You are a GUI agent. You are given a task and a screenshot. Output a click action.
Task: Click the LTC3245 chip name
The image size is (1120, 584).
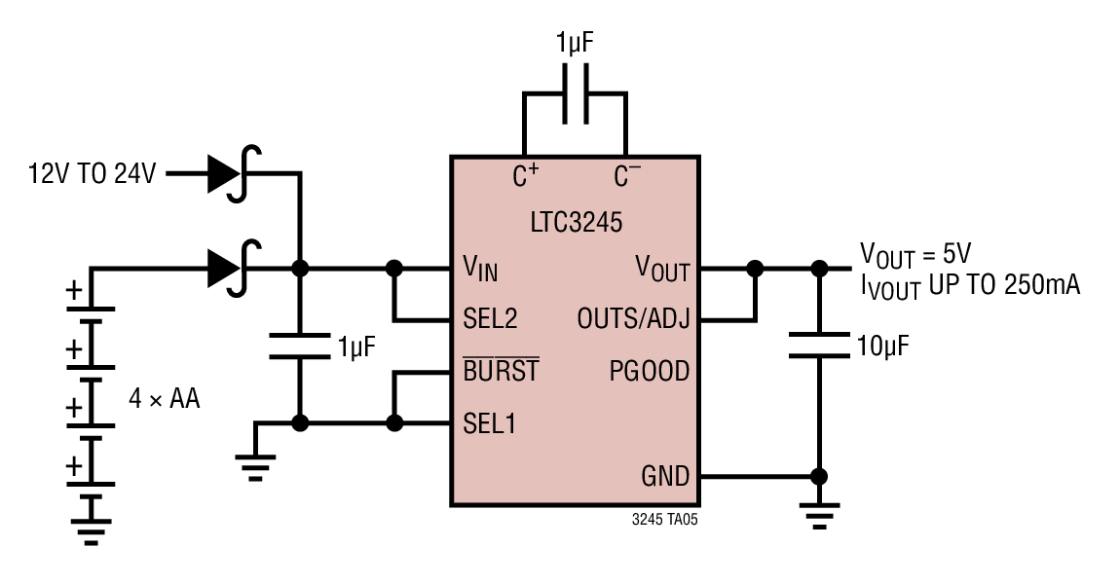pyautogui.click(x=576, y=222)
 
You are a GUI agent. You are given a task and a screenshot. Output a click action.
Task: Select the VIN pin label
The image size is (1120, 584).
pyautogui.click(x=480, y=269)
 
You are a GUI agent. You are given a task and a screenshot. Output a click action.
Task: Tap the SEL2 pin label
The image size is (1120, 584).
pyautogui.click(x=490, y=318)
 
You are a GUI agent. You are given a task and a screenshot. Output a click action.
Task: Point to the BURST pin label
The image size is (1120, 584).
pyautogui.click(x=501, y=370)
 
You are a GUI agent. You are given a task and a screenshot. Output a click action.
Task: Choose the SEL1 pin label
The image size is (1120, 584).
pyautogui.click(x=489, y=423)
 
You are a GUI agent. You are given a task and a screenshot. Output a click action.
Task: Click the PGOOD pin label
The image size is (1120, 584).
pyautogui.click(x=650, y=371)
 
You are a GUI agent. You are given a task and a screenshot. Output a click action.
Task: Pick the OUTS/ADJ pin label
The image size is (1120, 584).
pyautogui.click(x=634, y=318)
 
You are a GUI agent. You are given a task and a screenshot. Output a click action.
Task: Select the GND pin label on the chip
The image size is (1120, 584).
pyautogui.click(x=665, y=476)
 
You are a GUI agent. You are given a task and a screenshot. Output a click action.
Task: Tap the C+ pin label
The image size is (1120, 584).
pyautogui.click(x=526, y=175)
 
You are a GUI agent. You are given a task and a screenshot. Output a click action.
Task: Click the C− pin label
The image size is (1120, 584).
pyautogui.click(x=627, y=175)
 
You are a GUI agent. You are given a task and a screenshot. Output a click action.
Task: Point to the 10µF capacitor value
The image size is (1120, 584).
pyautogui.click(x=883, y=347)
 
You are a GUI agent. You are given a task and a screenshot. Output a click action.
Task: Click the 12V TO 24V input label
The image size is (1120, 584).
pyautogui.click(x=93, y=173)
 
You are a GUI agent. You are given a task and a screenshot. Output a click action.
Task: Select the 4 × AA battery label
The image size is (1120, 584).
pyautogui.click(x=165, y=398)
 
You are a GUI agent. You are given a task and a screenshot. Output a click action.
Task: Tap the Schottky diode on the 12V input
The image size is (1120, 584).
pyautogui.click(x=235, y=173)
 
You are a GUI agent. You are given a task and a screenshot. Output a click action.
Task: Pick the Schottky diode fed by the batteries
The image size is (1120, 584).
pyautogui.click(x=235, y=269)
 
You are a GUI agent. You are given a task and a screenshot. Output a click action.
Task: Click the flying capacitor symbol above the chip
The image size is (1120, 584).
pyautogui.click(x=575, y=93)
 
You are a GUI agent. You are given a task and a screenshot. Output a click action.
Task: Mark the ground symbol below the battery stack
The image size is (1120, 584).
pyautogui.click(x=91, y=520)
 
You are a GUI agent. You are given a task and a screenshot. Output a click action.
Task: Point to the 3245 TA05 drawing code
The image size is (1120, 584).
pyautogui.click(x=665, y=520)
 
